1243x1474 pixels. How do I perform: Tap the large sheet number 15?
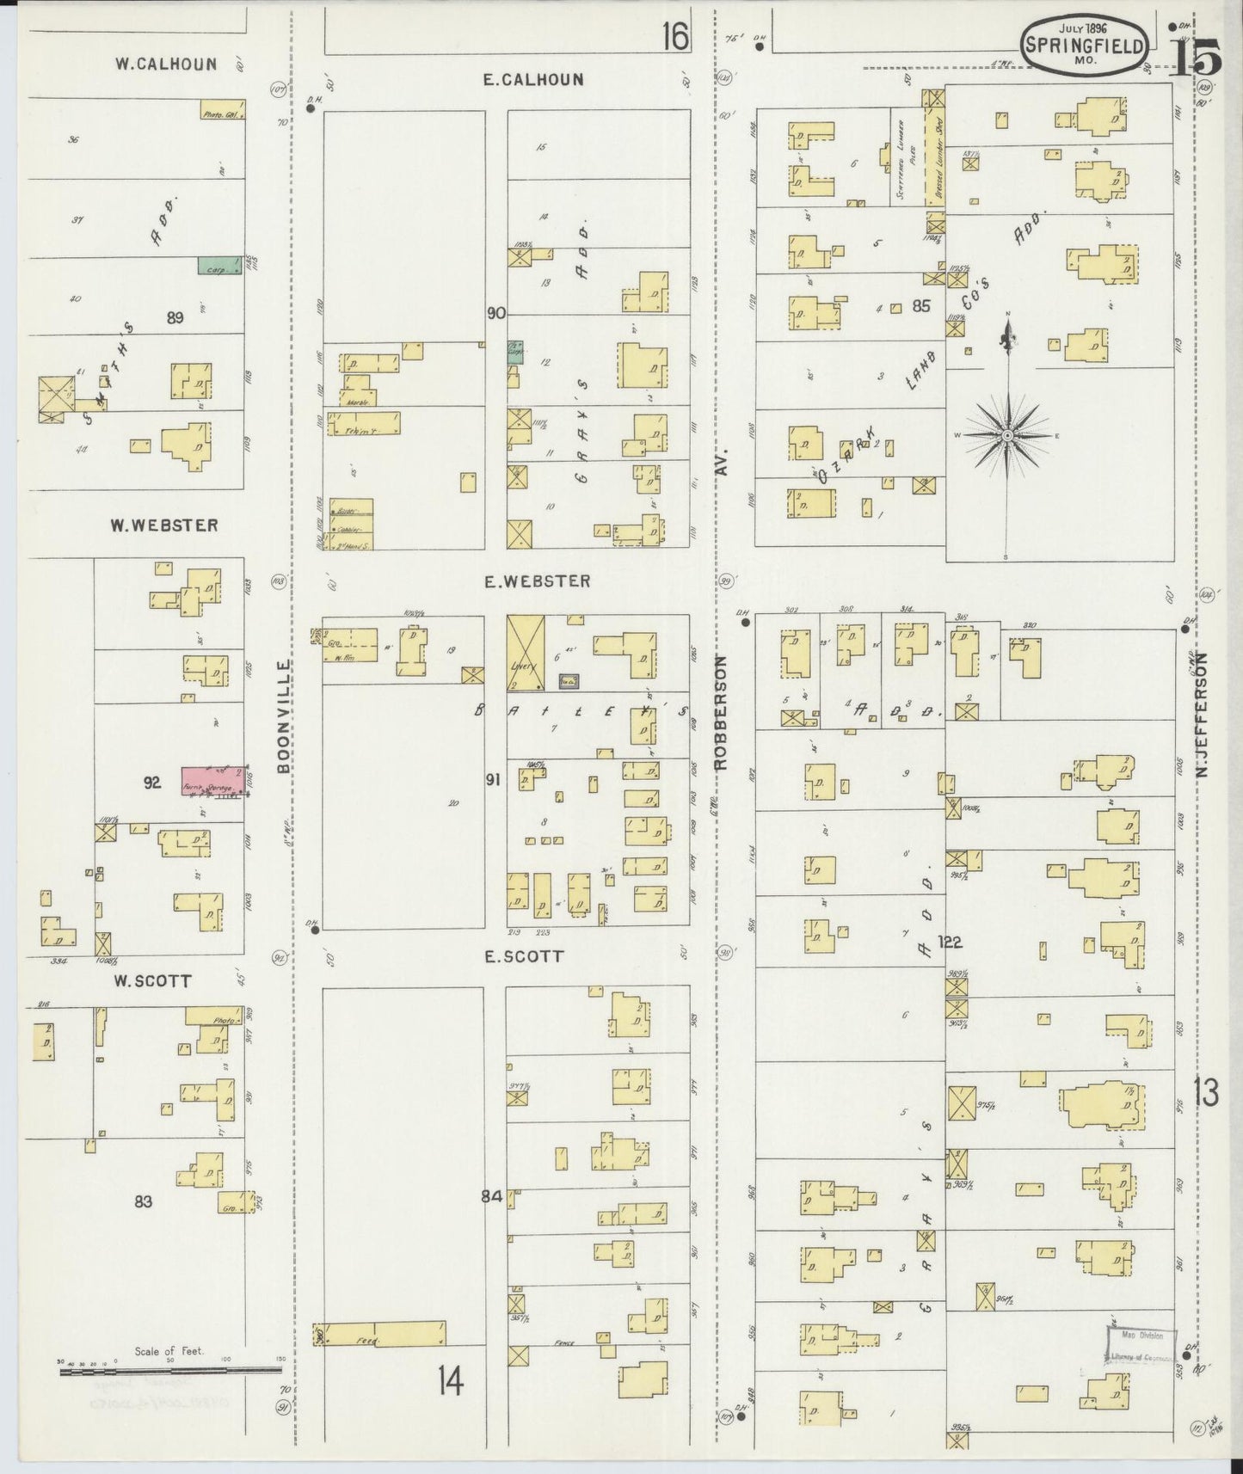tap(1195, 58)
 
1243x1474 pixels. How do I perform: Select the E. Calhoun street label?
tap(532, 79)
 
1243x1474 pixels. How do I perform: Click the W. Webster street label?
tap(163, 525)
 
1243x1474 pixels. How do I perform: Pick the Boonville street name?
tap(285, 716)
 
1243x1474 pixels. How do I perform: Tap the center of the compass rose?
tap(1006, 436)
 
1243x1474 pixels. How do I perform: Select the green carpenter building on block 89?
tap(218, 267)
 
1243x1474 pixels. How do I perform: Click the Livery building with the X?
tap(526, 654)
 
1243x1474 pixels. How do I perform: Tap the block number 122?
tap(950, 942)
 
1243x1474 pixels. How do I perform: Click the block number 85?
tap(921, 305)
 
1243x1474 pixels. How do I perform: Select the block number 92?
tap(152, 783)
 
